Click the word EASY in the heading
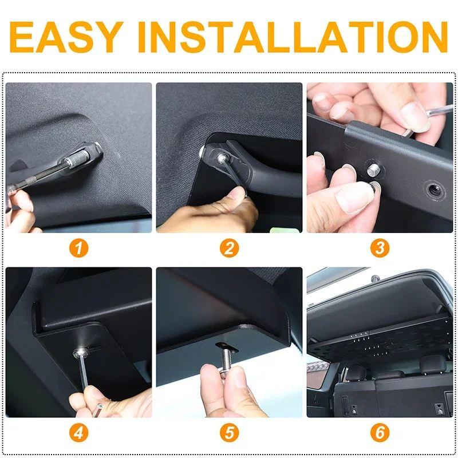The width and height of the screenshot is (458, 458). pyautogui.click(x=66, y=37)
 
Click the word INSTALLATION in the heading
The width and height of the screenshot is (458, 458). pyautogui.click(x=293, y=37)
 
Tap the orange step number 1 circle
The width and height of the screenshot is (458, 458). pyautogui.click(x=78, y=248)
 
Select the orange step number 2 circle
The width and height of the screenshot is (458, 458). pyautogui.click(x=230, y=248)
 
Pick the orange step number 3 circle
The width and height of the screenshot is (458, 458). pyautogui.click(x=380, y=248)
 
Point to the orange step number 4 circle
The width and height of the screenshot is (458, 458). pyautogui.click(x=78, y=433)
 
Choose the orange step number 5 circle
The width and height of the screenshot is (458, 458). pyautogui.click(x=230, y=433)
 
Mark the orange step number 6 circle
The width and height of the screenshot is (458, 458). pyautogui.click(x=380, y=433)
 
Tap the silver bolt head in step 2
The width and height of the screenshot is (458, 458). pyautogui.click(x=221, y=159)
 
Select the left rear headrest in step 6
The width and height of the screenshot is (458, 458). pyautogui.click(x=356, y=373)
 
